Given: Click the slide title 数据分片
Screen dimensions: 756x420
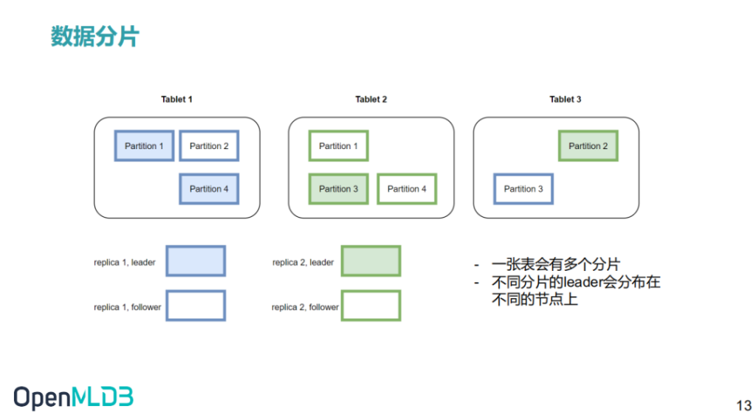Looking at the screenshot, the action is point(95,36).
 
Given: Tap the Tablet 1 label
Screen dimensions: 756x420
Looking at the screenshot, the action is point(176,100).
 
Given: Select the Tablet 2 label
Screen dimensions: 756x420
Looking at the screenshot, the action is point(371,100).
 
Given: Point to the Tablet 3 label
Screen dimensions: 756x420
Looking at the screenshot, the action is point(565,100).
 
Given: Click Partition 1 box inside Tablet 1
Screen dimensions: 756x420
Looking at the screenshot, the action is point(144,145).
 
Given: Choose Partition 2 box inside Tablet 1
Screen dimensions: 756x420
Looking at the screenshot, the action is point(209,145).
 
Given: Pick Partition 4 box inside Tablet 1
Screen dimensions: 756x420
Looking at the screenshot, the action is point(209,188).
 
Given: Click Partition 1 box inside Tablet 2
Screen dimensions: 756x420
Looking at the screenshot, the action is point(338,145).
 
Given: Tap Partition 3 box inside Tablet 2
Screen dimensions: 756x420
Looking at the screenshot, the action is point(338,188).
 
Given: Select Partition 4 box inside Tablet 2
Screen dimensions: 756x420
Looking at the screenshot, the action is point(407,188).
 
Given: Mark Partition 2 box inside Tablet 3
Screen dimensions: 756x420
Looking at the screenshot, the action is point(588,145).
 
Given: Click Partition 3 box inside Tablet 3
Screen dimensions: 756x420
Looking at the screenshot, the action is point(523,188).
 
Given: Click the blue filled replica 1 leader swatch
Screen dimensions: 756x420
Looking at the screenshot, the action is point(196,261).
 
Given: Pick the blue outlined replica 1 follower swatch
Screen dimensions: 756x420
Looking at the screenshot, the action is point(196,306).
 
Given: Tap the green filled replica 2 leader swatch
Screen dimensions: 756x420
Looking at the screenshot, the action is point(371,261).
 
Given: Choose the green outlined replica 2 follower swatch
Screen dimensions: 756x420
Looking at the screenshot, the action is point(371,306).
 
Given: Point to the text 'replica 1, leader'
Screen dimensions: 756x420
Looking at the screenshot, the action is point(124,262).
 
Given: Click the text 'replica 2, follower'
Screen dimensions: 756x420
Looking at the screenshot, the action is point(305,307).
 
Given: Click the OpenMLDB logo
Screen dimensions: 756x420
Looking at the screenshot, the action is point(73,398).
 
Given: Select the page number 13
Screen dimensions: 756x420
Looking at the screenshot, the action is point(744,405).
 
